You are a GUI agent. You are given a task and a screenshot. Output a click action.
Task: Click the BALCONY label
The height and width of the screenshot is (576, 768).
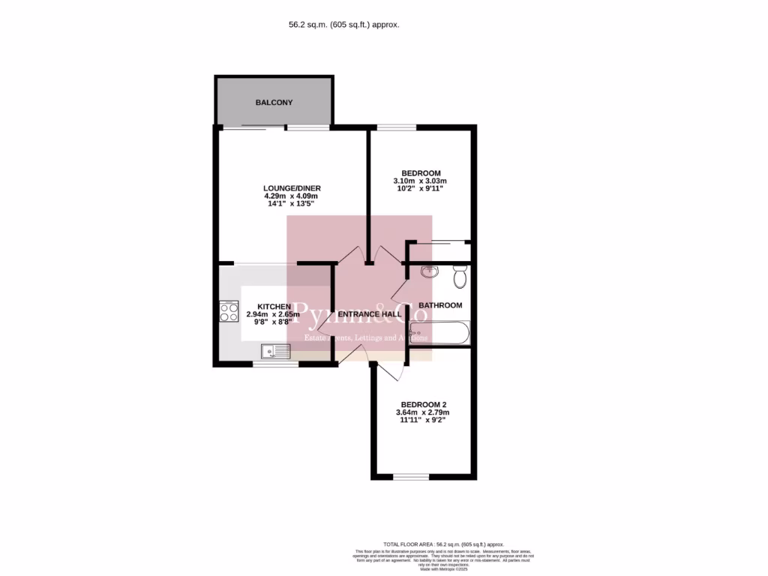pos(274,102)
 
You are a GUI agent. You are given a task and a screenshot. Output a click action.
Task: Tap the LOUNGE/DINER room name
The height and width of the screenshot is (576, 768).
pos(292,187)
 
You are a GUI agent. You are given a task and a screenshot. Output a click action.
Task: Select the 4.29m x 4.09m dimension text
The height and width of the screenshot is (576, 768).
pos(292,196)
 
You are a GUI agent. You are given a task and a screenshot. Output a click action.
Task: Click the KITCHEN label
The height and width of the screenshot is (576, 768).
pos(274,307)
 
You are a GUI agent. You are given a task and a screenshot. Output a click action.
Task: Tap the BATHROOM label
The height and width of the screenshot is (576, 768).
pos(440,305)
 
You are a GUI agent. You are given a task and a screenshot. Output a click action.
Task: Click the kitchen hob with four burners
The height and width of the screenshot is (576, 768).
pos(228,312)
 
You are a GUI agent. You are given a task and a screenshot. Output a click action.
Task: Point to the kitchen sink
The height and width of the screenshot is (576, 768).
pos(275,350)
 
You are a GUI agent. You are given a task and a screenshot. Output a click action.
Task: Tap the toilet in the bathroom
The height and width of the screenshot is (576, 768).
pos(460,278)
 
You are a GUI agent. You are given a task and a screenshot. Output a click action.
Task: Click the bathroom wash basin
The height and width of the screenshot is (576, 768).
pos(430,272)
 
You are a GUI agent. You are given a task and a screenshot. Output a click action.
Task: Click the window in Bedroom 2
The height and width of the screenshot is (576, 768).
pos(411,476)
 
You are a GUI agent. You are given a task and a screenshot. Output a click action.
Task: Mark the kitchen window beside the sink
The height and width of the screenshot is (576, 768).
pos(274,364)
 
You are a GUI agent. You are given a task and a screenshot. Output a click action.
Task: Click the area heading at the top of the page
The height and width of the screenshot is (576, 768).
pos(344,24)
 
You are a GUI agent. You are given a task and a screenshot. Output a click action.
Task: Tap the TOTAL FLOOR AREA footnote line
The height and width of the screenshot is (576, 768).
pos(443,544)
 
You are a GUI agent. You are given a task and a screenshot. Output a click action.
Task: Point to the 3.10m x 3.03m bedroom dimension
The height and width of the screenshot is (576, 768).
pos(420,181)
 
